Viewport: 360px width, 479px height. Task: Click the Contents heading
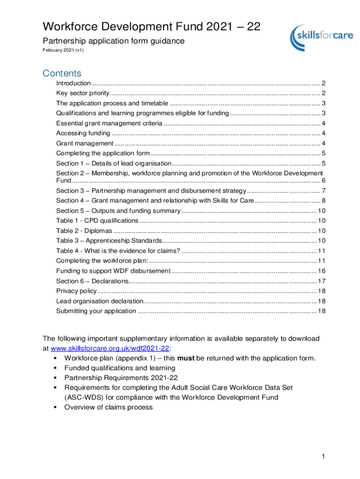coord(62,73)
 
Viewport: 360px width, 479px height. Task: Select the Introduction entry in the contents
coord(73,83)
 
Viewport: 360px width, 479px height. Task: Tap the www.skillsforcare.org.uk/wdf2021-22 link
coord(110,348)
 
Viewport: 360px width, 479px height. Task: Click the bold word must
coord(186,358)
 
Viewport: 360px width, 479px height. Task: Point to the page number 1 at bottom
coord(323,456)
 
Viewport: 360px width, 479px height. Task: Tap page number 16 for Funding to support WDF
coord(322,271)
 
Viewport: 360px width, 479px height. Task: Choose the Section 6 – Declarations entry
coord(92,281)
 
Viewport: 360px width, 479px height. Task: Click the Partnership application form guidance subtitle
coord(114,41)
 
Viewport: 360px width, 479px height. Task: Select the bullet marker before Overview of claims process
coord(56,407)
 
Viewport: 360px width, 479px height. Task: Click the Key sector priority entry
coord(82,93)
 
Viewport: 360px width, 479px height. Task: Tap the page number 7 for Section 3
coord(324,190)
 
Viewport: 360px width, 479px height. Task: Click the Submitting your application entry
coord(96,311)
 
